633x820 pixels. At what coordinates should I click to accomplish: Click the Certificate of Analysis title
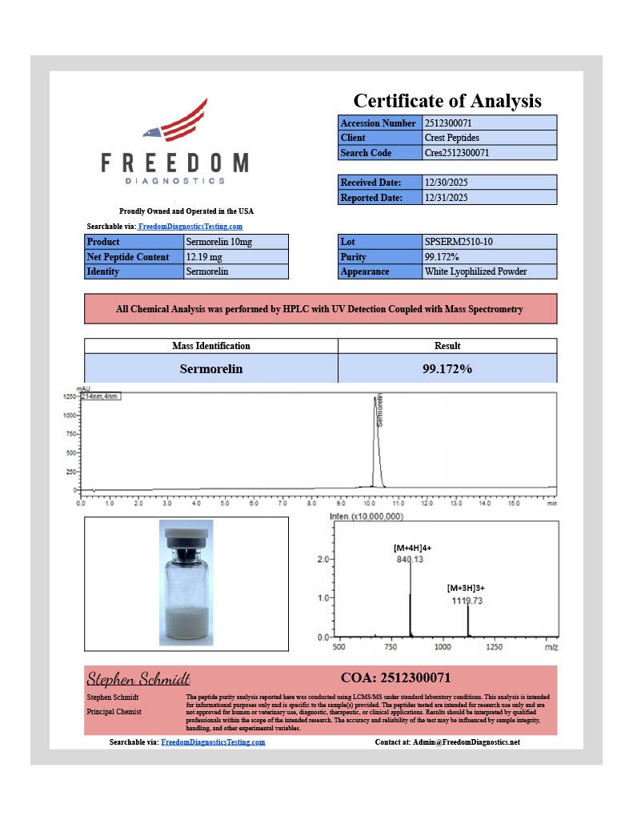447,101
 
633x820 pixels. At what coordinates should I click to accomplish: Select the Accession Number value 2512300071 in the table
453,123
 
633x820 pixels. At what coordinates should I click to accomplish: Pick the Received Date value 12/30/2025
446,183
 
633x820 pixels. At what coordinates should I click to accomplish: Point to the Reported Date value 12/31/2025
446,197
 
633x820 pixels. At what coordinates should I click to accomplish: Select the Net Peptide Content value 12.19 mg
206,257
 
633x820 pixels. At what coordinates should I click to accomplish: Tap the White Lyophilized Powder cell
475,271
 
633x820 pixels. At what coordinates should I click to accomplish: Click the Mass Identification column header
211,346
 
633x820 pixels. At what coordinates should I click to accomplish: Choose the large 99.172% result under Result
447,369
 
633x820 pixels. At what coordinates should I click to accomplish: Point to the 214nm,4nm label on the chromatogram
100,397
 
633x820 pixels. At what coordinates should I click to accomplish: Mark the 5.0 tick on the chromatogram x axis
225,504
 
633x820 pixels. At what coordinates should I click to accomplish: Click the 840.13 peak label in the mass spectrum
409,559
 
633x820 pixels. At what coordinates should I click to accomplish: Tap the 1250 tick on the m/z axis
495,646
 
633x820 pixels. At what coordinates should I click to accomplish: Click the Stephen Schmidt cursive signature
138,679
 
